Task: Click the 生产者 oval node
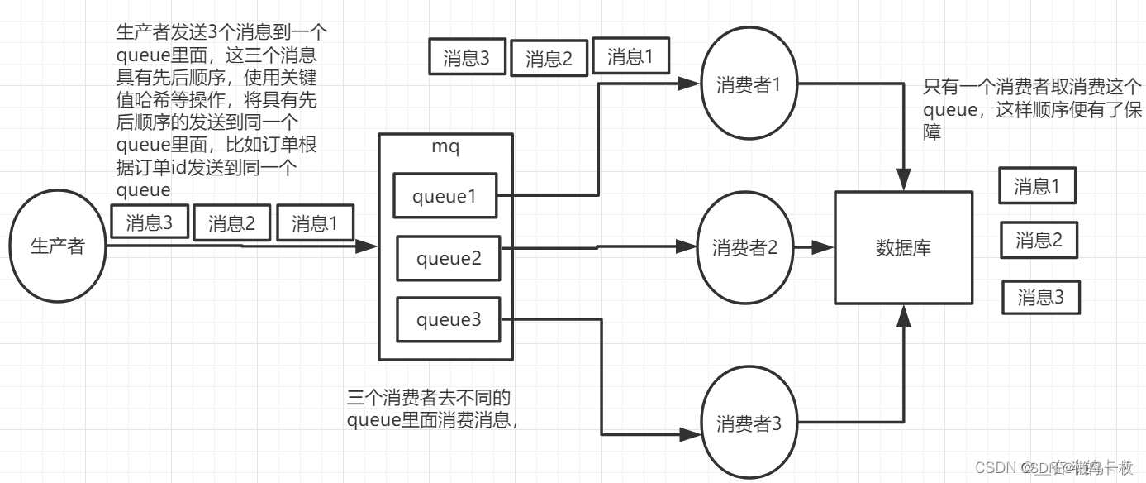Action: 57,246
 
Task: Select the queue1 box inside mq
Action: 445,196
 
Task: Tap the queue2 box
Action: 448,258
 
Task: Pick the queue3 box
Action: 448,319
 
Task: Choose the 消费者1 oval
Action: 749,84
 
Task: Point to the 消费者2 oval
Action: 745,247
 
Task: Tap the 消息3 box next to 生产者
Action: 150,222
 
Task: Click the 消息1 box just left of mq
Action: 315,223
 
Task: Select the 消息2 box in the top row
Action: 549,59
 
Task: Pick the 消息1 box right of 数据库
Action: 1036,186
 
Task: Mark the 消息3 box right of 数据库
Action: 1040,297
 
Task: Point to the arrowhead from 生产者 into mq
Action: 369,246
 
